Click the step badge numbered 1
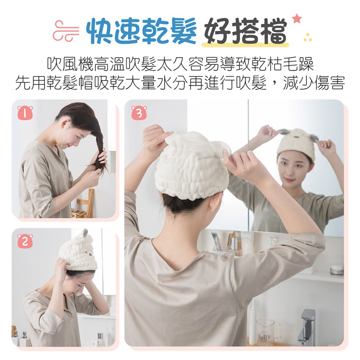click(x=25, y=113)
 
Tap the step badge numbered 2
click(x=25, y=241)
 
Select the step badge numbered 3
click(x=139, y=113)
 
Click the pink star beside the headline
click(x=297, y=18)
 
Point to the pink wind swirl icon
click(x=66, y=31)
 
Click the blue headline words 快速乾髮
click(x=141, y=31)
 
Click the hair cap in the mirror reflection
click(x=296, y=144)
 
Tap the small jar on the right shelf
click(x=337, y=270)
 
